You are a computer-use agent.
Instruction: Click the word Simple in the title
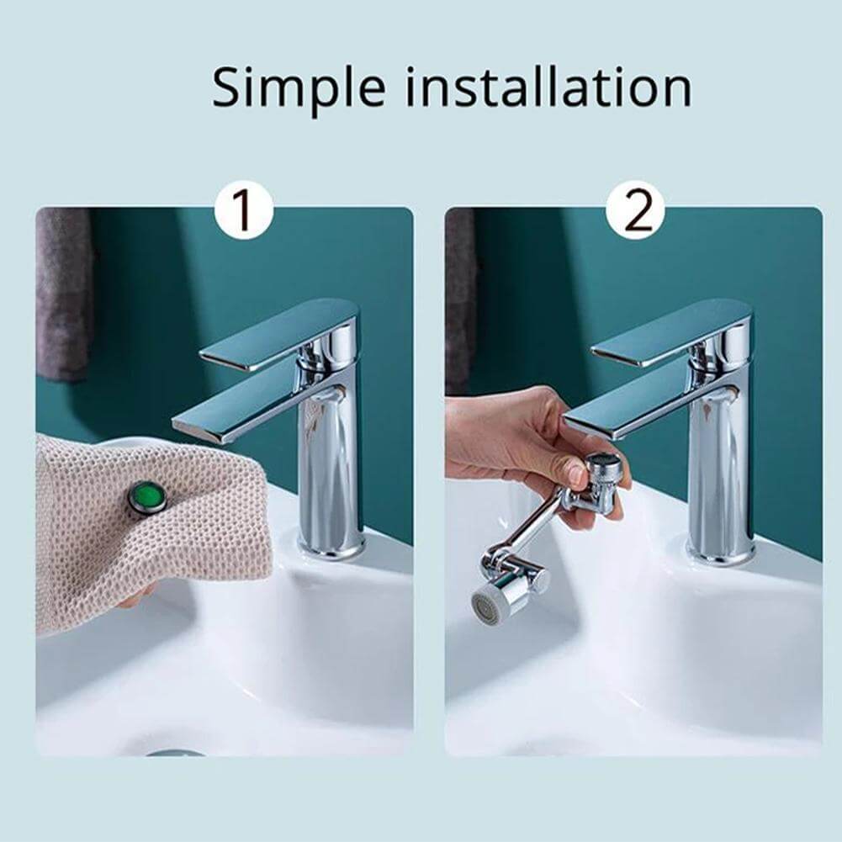299,87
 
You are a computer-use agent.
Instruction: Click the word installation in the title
549,87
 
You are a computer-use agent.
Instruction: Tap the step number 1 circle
243,211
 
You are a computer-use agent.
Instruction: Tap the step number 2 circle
635,211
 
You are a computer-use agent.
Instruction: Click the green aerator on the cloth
148,497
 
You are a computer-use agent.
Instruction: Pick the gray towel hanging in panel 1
63,294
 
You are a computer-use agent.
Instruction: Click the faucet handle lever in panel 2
673,333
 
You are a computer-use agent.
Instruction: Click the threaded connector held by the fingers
603,472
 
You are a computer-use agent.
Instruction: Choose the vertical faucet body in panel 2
720,471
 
